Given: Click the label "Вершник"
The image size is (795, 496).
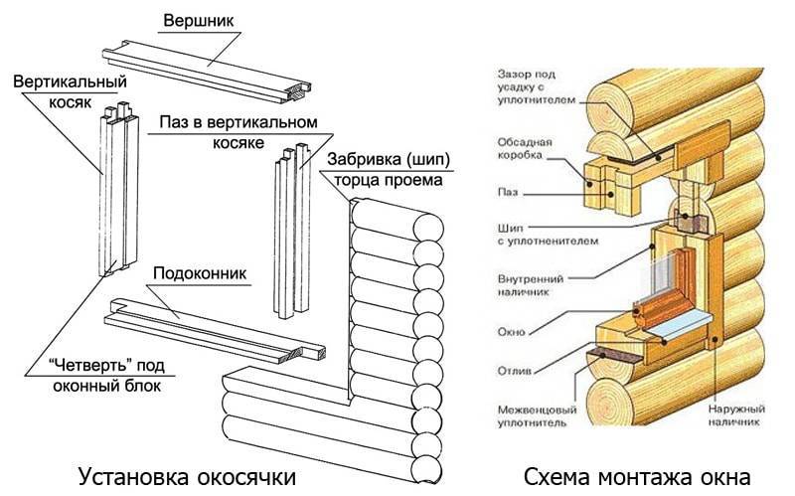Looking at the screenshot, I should click(198, 20).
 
